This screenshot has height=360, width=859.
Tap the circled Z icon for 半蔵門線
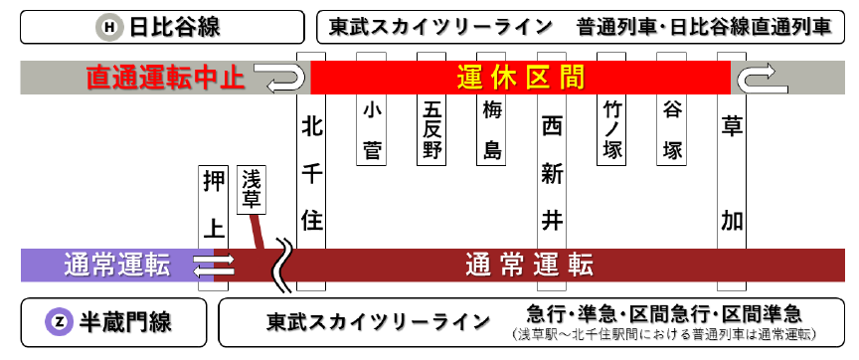[59, 321]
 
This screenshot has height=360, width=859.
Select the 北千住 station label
[312, 174]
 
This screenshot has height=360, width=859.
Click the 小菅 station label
[372, 129]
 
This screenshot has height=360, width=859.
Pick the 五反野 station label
[431, 129]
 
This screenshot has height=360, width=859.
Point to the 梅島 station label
[491, 129]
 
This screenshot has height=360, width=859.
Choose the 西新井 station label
[552, 174]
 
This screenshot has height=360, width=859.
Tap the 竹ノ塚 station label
[611, 129]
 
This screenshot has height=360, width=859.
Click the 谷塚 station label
[672, 129]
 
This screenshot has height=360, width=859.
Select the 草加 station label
[732, 174]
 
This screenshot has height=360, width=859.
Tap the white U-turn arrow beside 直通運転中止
[280, 77]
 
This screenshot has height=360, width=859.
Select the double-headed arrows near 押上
[213, 265]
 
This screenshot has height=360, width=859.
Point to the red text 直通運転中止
[165, 78]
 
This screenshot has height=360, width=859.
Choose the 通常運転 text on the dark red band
[529, 265]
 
